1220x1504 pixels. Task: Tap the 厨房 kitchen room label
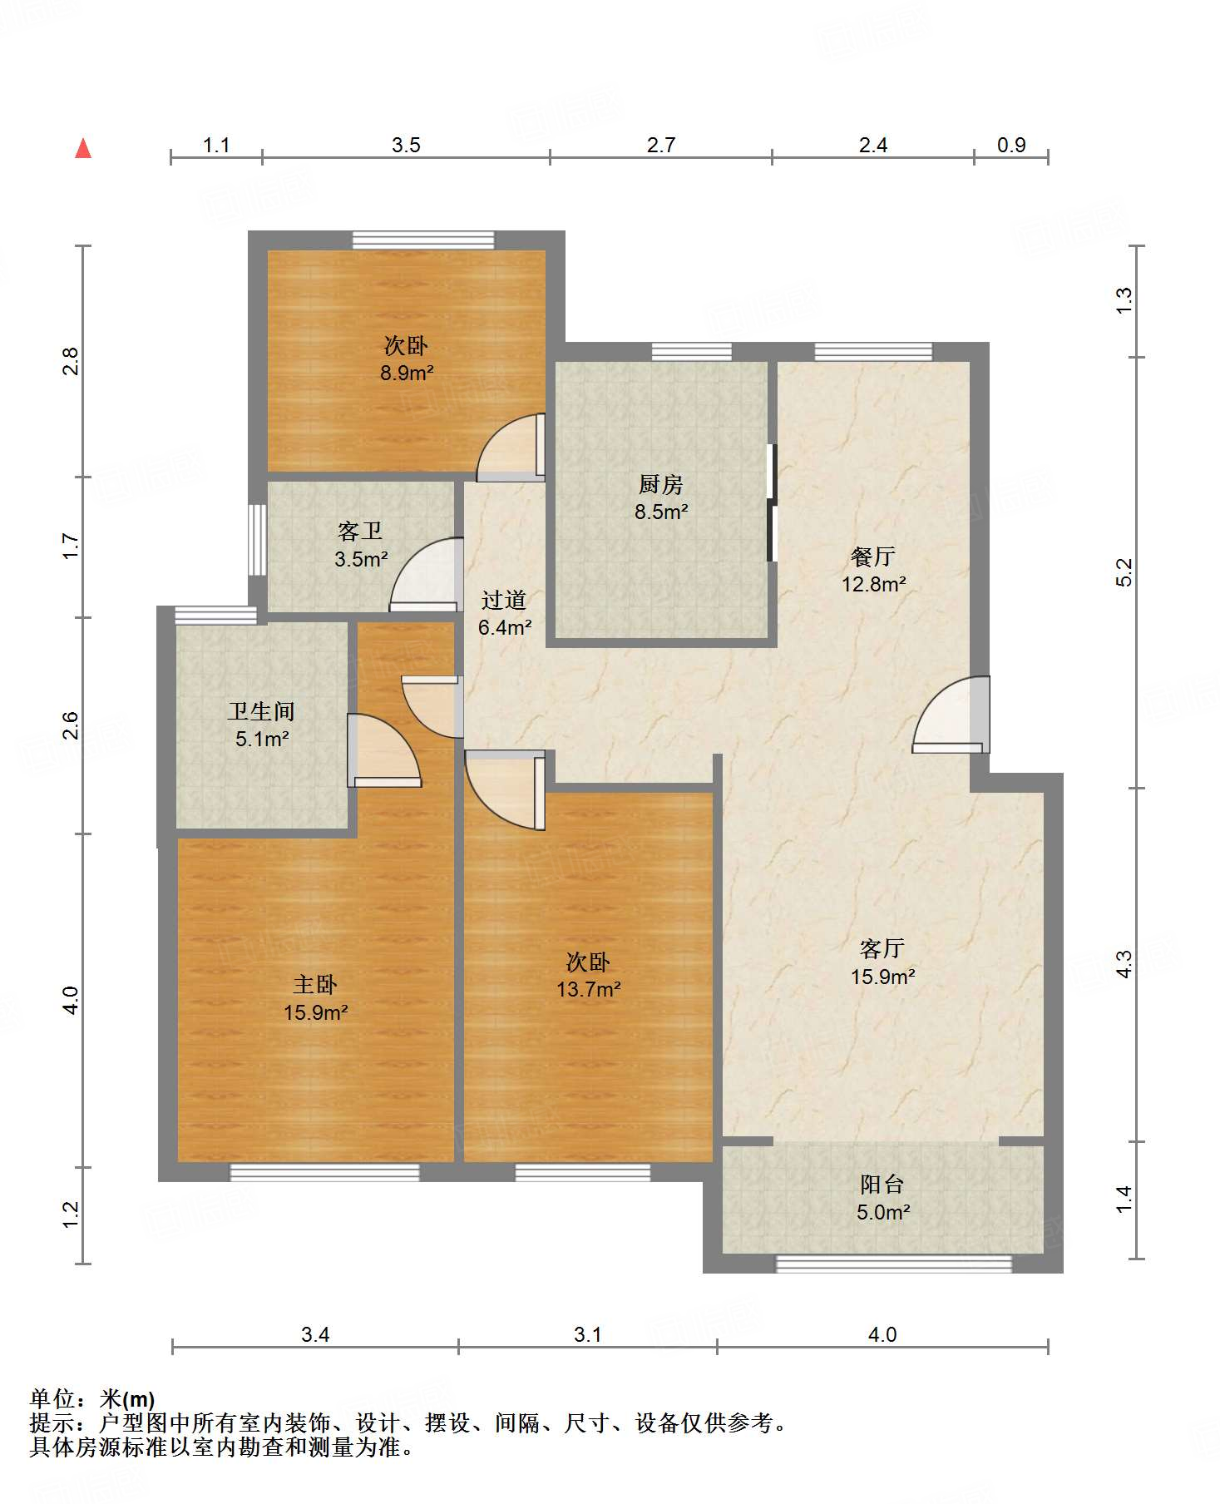pos(661,483)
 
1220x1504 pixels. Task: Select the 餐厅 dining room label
pos(872,556)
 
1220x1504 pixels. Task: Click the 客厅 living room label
pos(882,948)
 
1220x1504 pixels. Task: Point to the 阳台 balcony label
pos(882,1184)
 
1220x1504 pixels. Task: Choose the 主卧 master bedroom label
pos(315,985)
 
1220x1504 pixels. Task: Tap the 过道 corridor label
pos(504,600)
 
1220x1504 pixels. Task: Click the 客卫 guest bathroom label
pos(360,531)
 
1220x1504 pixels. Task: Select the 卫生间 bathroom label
pos(262,711)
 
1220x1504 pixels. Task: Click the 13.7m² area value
pos(589,989)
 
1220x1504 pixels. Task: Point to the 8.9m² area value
pos(407,373)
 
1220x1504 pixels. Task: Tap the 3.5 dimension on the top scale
pos(406,145)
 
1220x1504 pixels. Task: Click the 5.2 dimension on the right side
pos(1124,572)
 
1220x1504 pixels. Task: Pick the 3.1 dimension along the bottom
pos(587,1334)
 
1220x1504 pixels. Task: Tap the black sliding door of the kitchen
pos(772,502)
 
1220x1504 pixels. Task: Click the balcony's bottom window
pos(894,1264)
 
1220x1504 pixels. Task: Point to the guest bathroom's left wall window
pos(257,539)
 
